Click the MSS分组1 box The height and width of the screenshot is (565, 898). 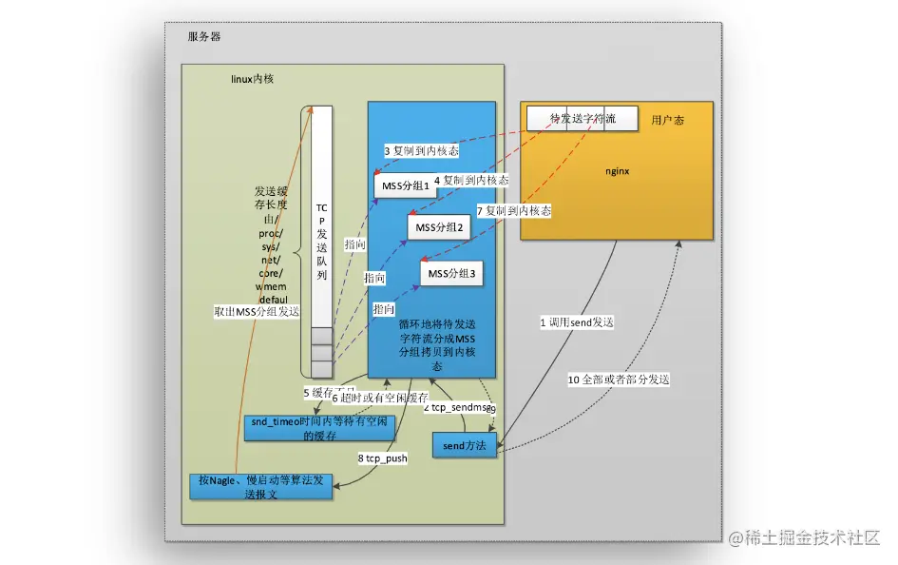coord(406,186)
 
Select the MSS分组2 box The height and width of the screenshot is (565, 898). coord(438,228)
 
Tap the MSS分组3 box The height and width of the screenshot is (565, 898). coord(450,274)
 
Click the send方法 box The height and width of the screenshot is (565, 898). coord(465,445)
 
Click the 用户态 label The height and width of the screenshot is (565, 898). coord(668,121)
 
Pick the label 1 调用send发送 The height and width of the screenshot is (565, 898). coord(577,322)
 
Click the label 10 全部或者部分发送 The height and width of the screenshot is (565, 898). coord(619,380)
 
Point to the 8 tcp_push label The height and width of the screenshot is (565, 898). coord(383,458)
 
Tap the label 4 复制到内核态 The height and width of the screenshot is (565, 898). coord(470,180)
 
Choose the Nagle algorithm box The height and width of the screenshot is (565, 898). coord(260,486)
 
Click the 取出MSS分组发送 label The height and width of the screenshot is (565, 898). coord(257,312)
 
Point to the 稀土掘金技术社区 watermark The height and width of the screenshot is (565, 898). coord(805,538)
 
